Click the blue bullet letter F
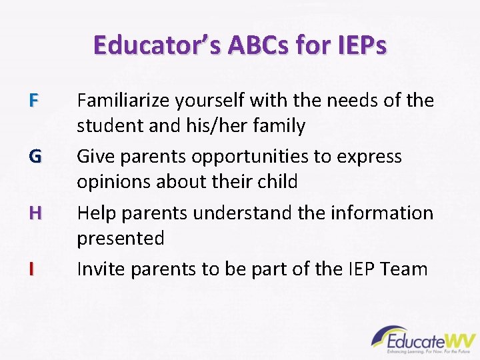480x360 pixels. click(35, 101)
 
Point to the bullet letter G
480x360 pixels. click(35, 157)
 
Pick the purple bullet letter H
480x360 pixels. click(35, 213)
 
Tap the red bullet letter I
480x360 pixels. click(31, 269)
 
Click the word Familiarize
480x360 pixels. click(123, 101)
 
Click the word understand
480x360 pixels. click(235, 213)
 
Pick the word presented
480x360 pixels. click(121, 238)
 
